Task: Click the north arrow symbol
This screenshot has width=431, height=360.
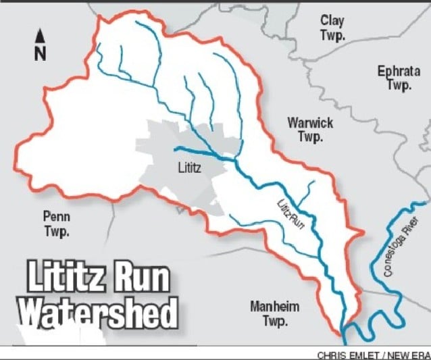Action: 40,36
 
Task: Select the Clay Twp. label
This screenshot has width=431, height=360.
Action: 332,28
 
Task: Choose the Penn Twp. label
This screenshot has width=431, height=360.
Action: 57,224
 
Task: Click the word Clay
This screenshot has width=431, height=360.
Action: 332,21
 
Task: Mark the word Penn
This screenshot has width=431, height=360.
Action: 57,217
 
